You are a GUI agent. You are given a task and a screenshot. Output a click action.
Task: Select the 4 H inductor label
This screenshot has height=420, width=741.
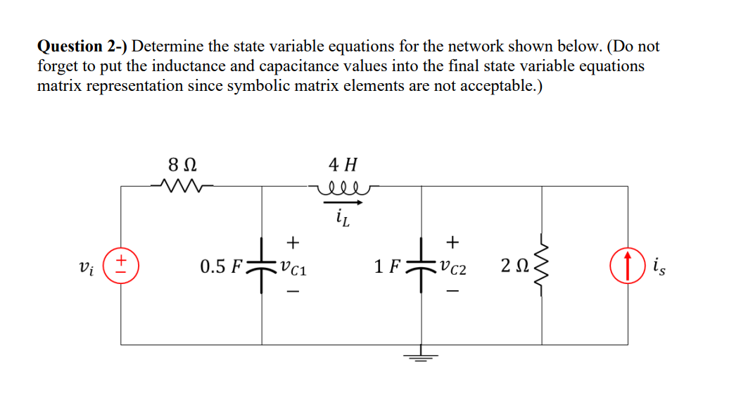coord(343,166)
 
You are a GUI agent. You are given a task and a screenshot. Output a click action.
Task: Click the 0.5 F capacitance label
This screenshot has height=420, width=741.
coord(221,266)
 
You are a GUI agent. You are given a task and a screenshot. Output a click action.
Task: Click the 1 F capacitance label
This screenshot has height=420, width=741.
coord(388,266)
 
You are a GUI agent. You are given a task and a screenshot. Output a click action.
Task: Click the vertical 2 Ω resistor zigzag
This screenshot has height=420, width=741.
coord(542,266)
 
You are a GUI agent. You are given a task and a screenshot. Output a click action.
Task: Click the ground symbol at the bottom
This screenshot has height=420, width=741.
coord(421,355)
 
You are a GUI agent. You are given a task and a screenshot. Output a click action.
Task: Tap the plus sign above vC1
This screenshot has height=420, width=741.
coord(293,242)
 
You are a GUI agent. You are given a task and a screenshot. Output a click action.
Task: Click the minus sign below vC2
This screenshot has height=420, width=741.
coord(454,290)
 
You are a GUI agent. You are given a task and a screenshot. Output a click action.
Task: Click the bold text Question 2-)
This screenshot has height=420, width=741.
coord(82,47)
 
